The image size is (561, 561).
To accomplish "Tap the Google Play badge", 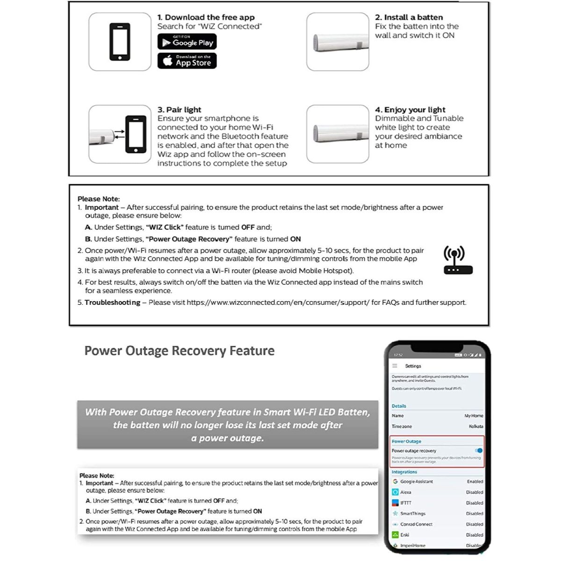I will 187,42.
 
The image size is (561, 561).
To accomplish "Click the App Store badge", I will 187,61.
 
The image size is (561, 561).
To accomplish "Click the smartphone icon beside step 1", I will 120,42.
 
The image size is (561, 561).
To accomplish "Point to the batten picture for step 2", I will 338,42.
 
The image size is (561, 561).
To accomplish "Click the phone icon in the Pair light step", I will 136,134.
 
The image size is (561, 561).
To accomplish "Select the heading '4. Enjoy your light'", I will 410,110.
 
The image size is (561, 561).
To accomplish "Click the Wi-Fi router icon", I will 458,260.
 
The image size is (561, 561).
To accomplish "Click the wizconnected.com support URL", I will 278,302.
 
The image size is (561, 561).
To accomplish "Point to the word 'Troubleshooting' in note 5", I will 112,302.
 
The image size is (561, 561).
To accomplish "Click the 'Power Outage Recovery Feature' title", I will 180,351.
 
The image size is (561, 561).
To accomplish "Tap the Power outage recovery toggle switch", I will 478,451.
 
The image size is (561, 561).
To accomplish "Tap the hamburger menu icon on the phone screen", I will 395,366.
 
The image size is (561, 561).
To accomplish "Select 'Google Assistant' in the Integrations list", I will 416,482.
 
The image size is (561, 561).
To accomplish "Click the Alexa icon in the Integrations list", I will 396,492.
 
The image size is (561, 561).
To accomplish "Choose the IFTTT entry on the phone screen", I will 405,503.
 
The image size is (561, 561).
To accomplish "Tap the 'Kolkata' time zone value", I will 475,426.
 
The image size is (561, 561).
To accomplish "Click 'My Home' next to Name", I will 474,416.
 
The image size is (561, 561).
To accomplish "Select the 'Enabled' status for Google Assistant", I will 475,482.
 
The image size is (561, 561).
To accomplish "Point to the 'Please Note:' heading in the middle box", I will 99,199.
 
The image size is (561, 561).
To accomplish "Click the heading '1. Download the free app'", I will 206,17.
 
